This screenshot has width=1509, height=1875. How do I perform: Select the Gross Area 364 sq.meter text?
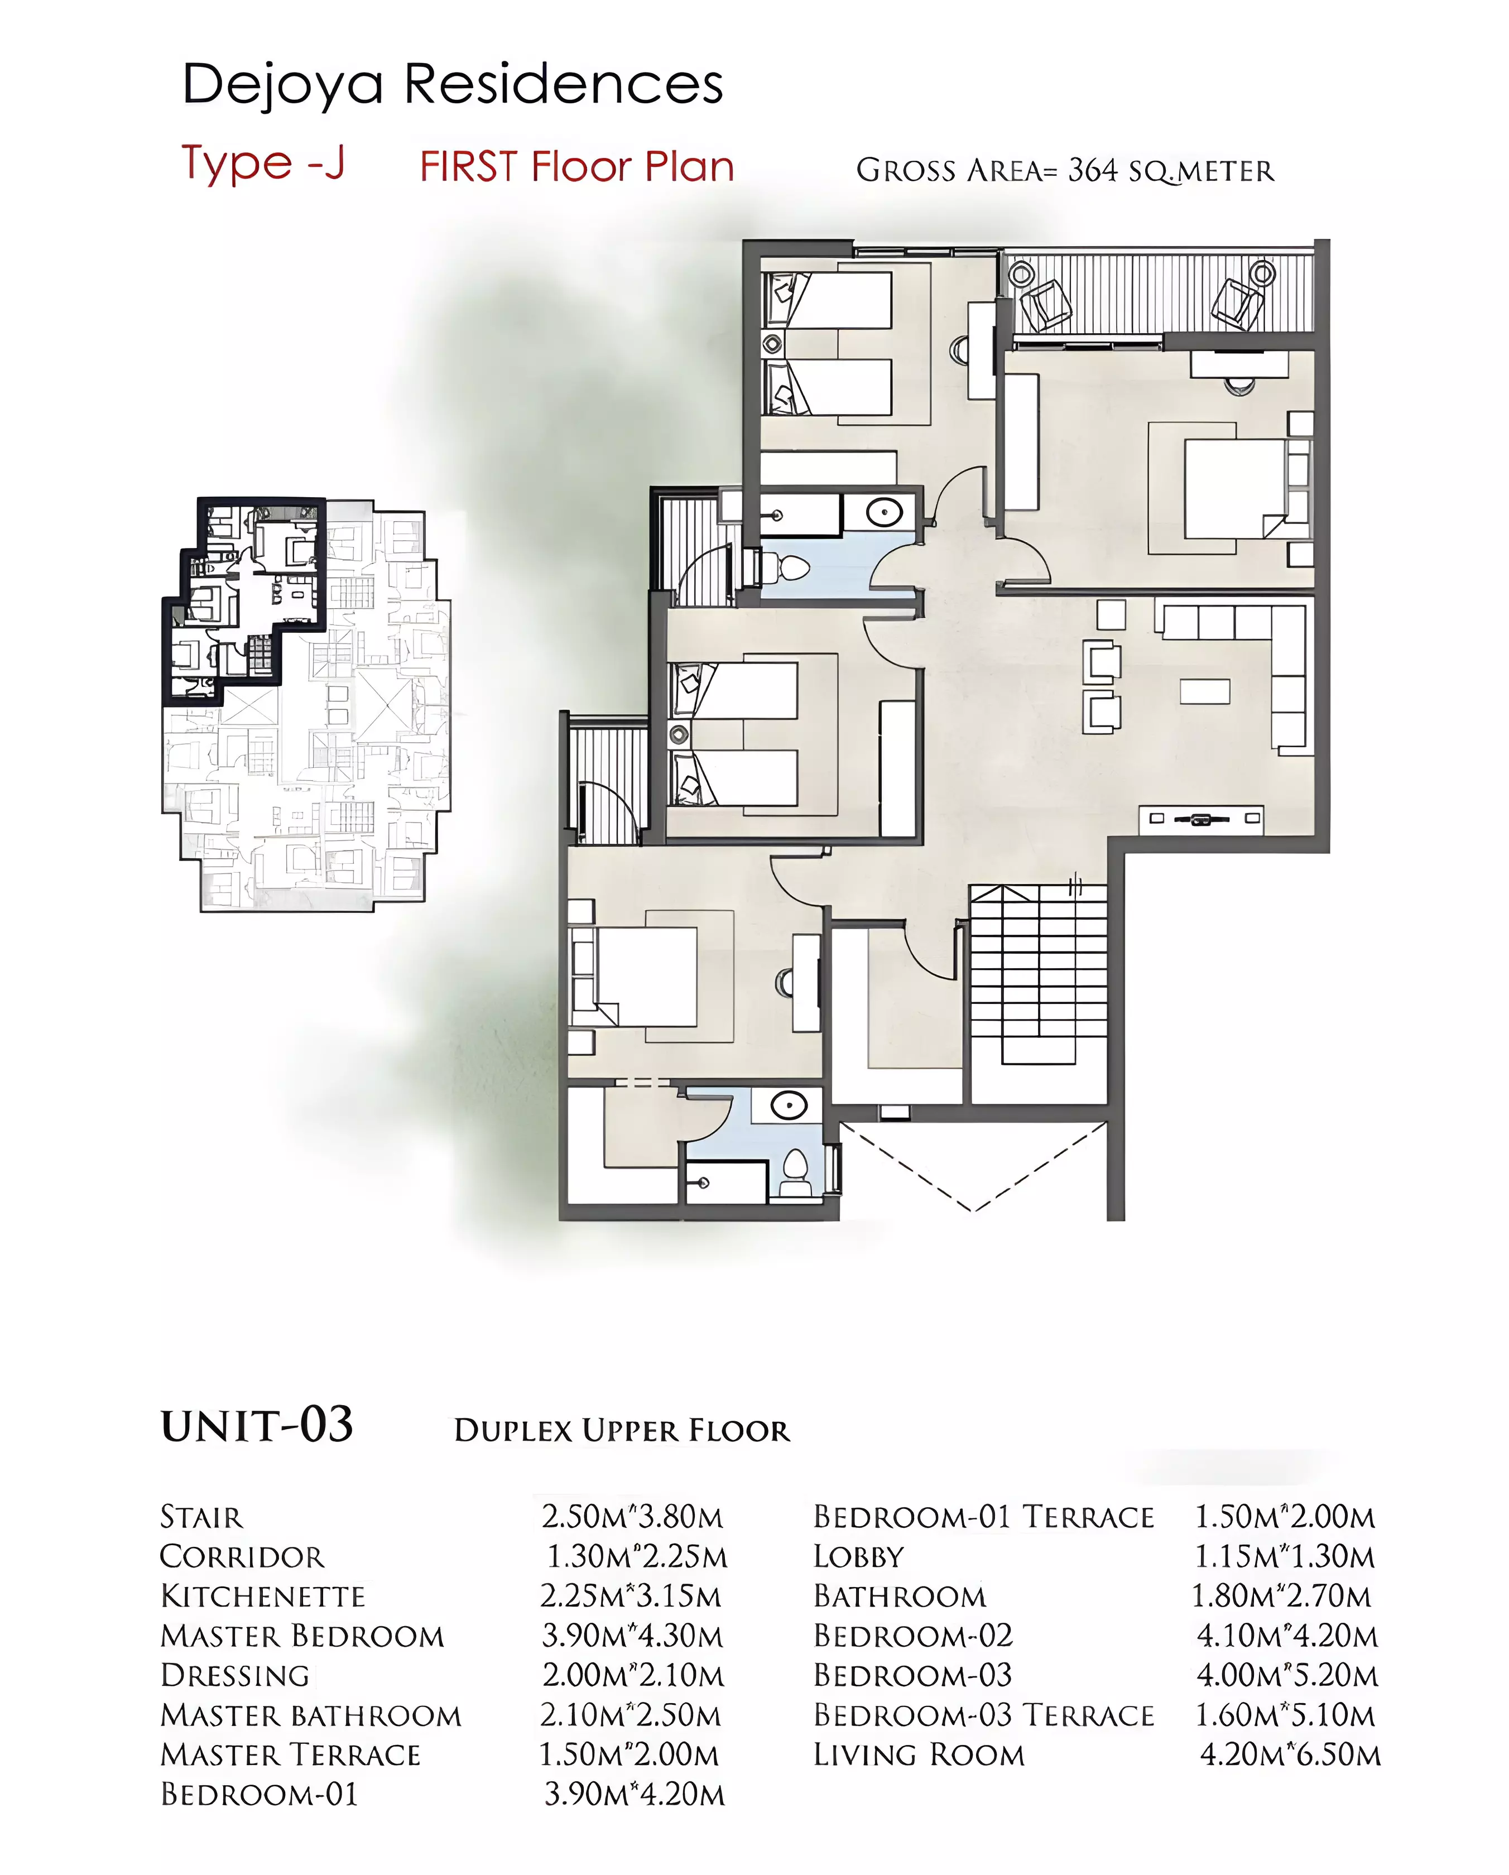coord(1065,170)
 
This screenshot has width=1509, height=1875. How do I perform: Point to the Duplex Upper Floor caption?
coord(622,1431)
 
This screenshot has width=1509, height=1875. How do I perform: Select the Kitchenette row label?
coord(263,1596)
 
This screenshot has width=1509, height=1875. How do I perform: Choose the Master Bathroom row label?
coord(310,1715)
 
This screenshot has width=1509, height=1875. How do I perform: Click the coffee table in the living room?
coord(1205,691)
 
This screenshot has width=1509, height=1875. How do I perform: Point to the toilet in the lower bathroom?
coord(795,1175)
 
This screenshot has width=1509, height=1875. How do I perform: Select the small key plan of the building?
coord(306,704)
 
